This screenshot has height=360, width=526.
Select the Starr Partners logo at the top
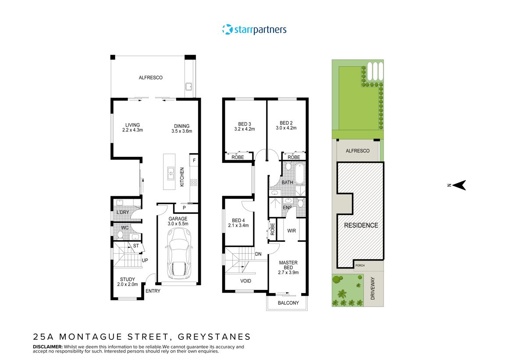coord(254,30)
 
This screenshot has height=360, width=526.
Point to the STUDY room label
coord(128,279)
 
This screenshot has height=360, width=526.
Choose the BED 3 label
coord(245,123)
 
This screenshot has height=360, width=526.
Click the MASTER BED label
coord(288,265)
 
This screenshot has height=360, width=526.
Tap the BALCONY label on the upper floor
coord(288,303)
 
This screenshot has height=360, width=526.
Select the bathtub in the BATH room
coord(300,173)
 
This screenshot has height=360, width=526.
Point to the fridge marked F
coord(194,160)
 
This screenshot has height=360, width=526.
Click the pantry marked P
coord(184,208)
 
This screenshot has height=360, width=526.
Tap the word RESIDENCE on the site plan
coord(361,226)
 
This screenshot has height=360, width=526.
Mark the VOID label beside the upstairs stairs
coord(246,281)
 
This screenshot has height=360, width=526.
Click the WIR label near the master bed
coord(292,230)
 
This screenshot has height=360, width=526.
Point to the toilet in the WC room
coord(119,234)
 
